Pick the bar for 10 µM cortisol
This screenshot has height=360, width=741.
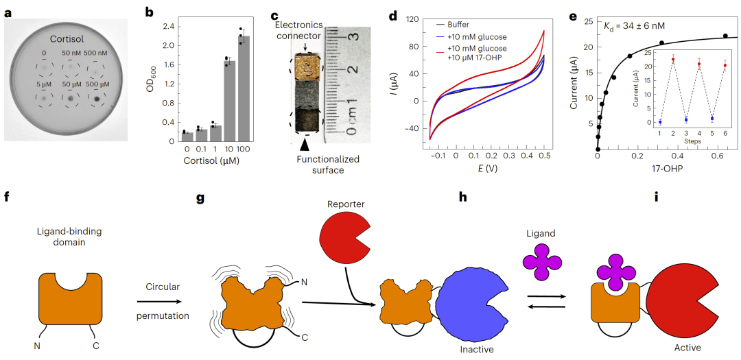point(230,101)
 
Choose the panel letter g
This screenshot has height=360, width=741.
point(201,197)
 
